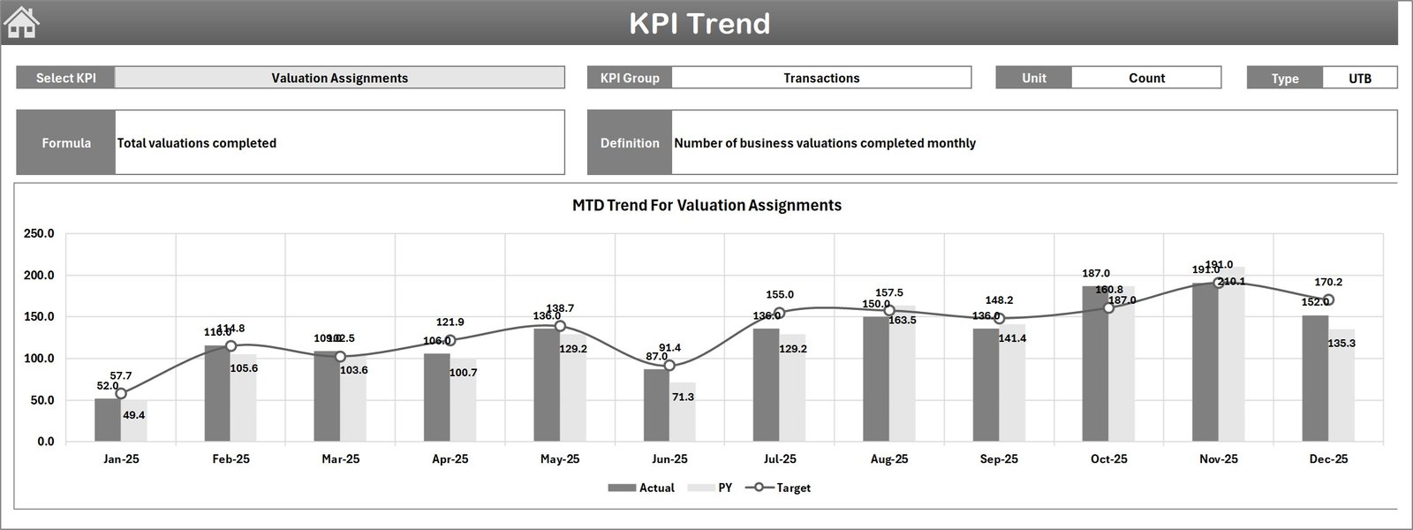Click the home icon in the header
point(22,22)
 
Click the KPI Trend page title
point(699,23)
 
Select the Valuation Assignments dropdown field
point(339,78)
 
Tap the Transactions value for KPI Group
point(820,78)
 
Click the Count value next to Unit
point(1145,78)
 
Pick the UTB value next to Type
point(1359,78)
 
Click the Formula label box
point(66,142)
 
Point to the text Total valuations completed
point(197,143)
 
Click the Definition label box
point(630,142)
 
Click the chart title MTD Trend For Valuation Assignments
point(706,205)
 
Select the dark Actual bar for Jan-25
point(108,420)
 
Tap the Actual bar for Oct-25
point(1095,371)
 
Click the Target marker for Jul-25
point(779,313)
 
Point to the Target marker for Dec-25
point(1328,300)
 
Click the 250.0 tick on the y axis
point(39,234)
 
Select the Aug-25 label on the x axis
point(888,459)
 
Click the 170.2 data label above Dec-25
point(1328,283)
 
